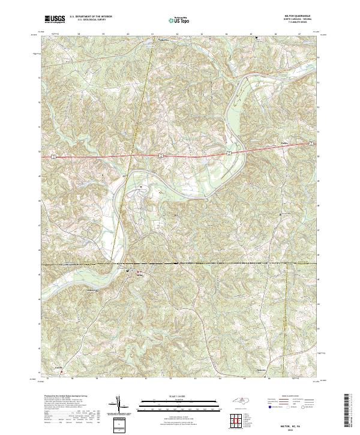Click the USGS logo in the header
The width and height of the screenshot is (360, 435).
(55, 19)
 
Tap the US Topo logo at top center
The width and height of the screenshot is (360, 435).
(179, 20)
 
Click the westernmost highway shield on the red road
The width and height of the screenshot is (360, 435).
(53, 155)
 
